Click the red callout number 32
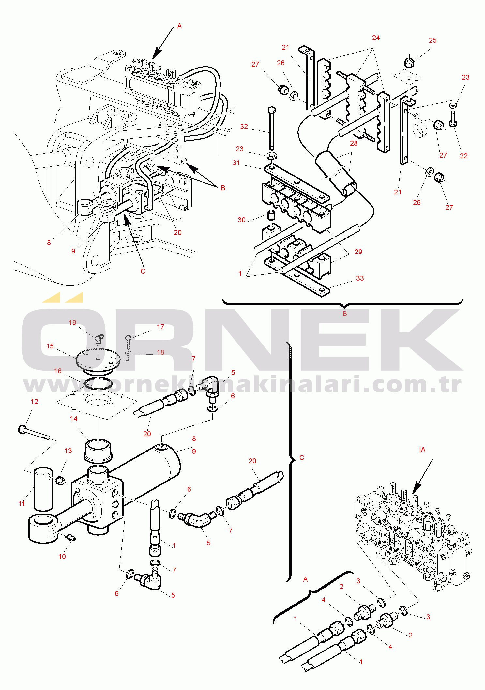pyautogui.click(x=244, y=127)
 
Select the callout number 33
pyautogui.click(x=360, y=278)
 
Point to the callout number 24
pyautogui.click(x=376, y=38)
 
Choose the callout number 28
pyautogui.click(x=354, y=143)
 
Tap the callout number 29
pyautogui.click(x=358, y=252)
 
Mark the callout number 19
pyautogui.click(x=72, y=323)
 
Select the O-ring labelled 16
pyautogui.click(x=98, y=384)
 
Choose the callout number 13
pyautogui.click(x=68, y=451)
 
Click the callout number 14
pyautogui.click(x=74, y=419)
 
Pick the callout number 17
pyautogui.click(x=160, y=327)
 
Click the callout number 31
pyautogui.click(x=236, y=163)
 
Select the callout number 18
pyautogui.click(x=160, y=352)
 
